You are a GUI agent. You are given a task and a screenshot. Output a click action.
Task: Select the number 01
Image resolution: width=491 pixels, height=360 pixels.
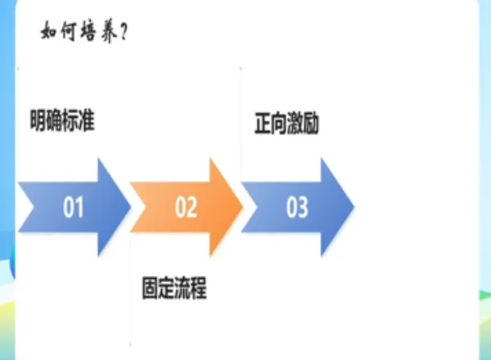74,208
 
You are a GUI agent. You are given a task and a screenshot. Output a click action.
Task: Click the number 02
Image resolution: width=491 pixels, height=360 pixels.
186,208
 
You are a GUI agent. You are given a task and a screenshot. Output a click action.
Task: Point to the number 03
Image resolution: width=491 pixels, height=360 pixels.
297,208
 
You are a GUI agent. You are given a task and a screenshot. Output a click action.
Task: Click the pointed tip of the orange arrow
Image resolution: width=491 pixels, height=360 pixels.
243,207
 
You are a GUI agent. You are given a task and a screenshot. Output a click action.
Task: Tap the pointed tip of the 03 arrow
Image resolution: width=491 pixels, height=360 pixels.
354,207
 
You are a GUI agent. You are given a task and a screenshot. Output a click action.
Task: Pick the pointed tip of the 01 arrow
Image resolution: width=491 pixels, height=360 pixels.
132,207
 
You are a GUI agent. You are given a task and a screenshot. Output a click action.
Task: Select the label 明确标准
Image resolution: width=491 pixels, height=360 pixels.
63,122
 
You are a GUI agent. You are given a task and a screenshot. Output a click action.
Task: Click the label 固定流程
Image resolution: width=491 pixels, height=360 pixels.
174,289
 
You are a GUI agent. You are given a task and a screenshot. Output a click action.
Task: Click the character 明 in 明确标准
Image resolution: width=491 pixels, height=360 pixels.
38,122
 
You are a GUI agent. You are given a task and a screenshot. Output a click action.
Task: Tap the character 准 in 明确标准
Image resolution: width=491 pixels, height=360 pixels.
88,122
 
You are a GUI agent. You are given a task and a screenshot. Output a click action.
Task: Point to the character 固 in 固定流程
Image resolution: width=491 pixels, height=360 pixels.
150,289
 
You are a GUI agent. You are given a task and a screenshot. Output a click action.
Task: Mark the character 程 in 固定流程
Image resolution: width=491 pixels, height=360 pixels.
199,289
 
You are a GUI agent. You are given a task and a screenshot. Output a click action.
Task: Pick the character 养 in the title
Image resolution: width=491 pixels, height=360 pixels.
110,34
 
